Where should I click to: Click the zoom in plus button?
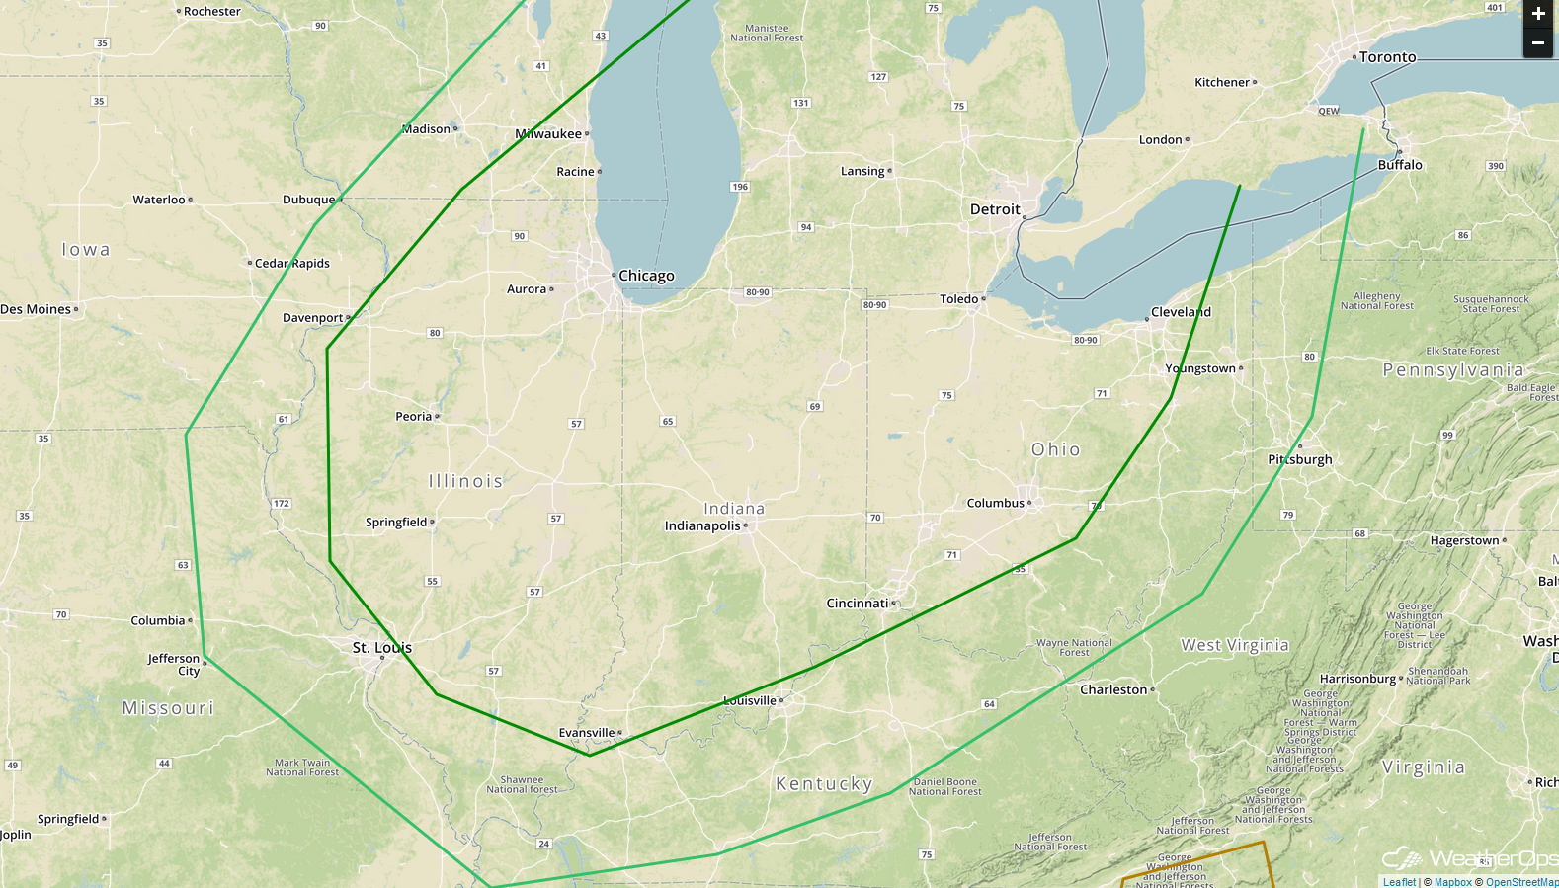pos(1538,14)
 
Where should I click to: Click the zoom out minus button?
pos(1538,43)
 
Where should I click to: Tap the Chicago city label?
pos(646,276)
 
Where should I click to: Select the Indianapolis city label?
pos(702,525)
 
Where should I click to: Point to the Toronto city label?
pos(1387,57)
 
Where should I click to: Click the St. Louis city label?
pos(382,648)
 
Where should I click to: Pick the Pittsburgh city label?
pos(1300,459)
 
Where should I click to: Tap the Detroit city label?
pos(995,209)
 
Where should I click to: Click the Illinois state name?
pos(465,481)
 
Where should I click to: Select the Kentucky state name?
pos(824,784)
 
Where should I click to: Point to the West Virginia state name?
pos(1235,645)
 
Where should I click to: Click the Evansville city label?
pos(587,733)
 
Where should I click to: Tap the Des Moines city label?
pos(36,309)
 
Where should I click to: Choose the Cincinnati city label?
pos(858,603)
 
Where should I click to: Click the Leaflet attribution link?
pos(1399,882)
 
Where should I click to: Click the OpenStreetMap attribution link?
pos(1521,882)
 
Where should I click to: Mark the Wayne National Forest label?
pos(1074,647)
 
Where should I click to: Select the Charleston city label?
pos(1113,689)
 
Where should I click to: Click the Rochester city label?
pos(211,12)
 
